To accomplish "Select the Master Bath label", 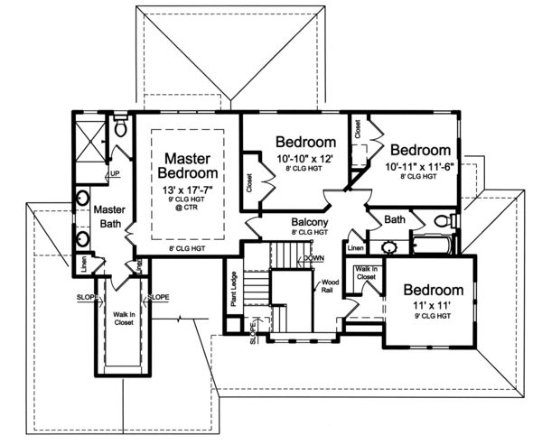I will tap(108, 218).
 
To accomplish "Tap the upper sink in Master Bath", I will tap(82, 199).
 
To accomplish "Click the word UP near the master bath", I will tap(115, 173).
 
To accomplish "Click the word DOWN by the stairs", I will tap(313, 258).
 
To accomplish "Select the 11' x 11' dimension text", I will tap(433, 307).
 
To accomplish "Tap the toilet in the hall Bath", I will tap(442, 221).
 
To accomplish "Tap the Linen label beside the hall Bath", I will tap(355, 246).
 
